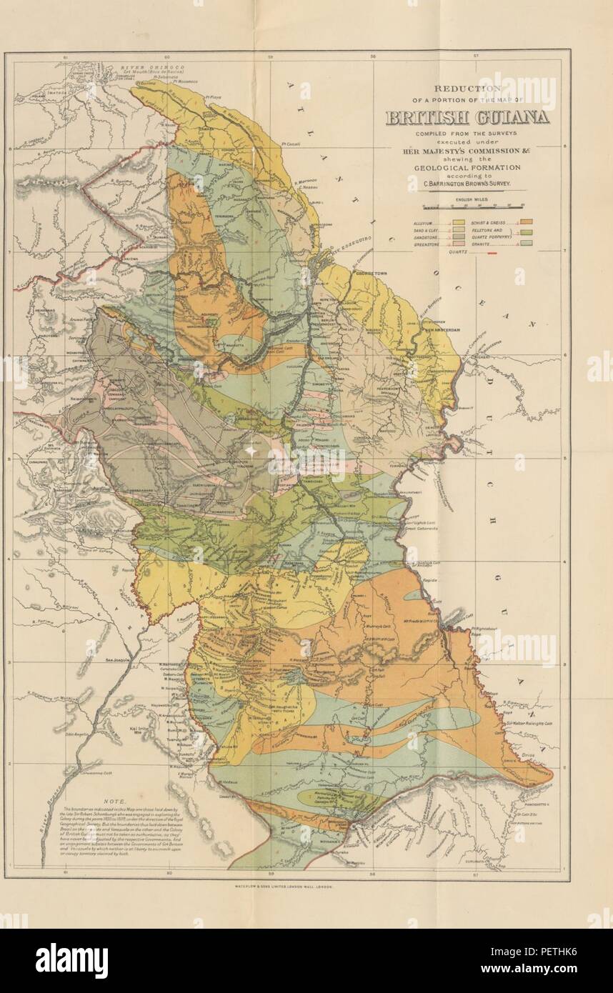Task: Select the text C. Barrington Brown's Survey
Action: [468, 184]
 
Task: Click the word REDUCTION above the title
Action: [468, 88]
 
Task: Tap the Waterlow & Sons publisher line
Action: [283, 884]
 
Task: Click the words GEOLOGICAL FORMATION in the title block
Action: [468, 167]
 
